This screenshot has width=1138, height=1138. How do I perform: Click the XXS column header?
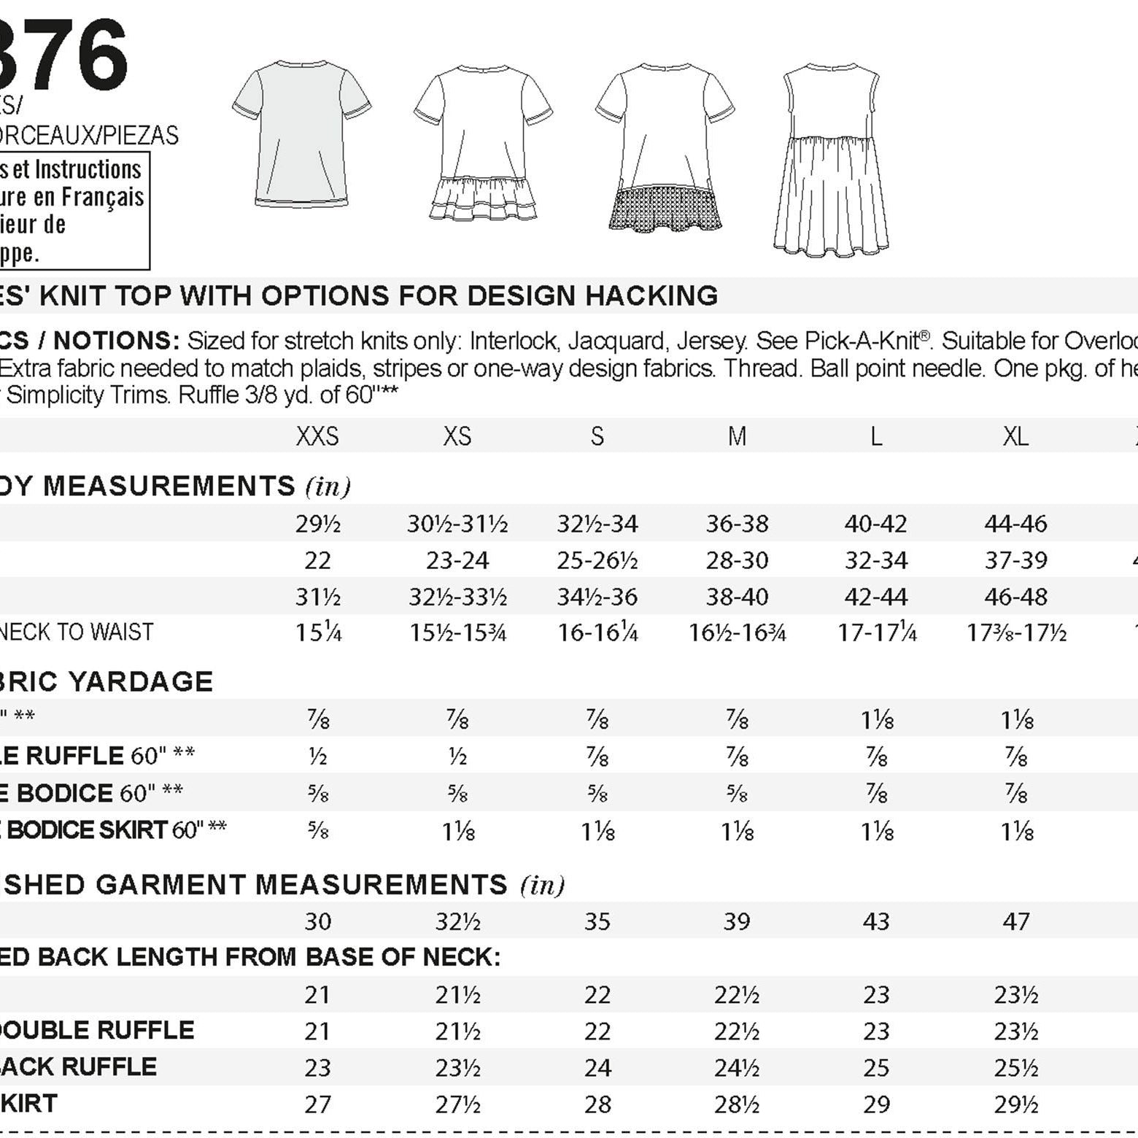pyautogui.click(x=317, y=436)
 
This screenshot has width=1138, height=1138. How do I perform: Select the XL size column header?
pyautogui.click(x=1015, y=436)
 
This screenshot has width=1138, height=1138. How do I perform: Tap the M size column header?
pyautogui.click(x=737, y=436)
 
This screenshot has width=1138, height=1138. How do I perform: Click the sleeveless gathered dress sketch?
pyautogui.click(x=831, y=160)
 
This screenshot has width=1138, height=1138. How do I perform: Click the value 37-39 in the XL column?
pyautogui.click(x=1015, y=560)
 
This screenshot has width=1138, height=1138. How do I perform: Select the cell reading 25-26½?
pyautogui.click(x=597, y=560)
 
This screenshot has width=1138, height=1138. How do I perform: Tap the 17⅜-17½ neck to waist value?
pyautogui.click(x=1016, y=632)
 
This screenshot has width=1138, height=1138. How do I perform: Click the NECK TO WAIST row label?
pyautogui.click(x=76, y=632)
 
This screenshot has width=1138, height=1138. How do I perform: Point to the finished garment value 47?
pyautogui.click(x=1016, y=921)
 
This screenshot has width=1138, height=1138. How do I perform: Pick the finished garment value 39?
pyautogui.click(x=737, y=921)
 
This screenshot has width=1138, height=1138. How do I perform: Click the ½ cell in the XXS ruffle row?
pyautogui.click(x=317, y=757)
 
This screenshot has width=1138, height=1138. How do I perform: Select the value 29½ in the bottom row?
pyautogui.click(x=1016, y=1104)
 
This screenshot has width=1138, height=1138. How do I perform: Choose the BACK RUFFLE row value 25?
pyautogui.click(x=876, y=1068)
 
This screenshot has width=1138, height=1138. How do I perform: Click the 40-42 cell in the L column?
pyautogui.click(x=875, y=524)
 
